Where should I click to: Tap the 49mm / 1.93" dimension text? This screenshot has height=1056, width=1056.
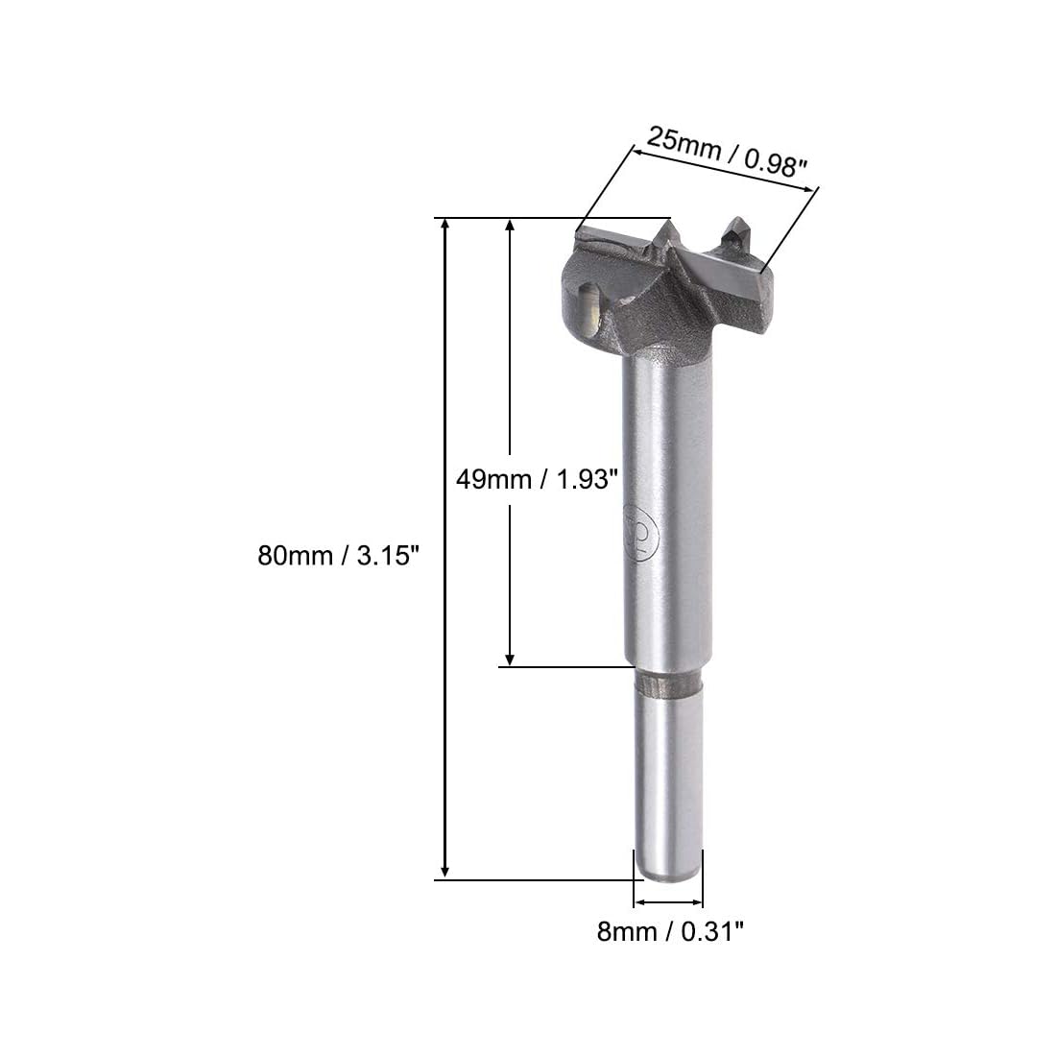pyautogui.click(x=537, y=479)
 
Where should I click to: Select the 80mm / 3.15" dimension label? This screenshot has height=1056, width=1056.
pyautogui.click(x=339, y=556)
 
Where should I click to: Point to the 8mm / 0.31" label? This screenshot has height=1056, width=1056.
pyautogui.click(x=671, y=931)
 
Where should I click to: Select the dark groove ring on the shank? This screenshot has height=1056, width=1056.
pyautogui.click(x=669, y=684)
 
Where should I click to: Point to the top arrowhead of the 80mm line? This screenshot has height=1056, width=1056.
pyautogui.click(x=444, y=225)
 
